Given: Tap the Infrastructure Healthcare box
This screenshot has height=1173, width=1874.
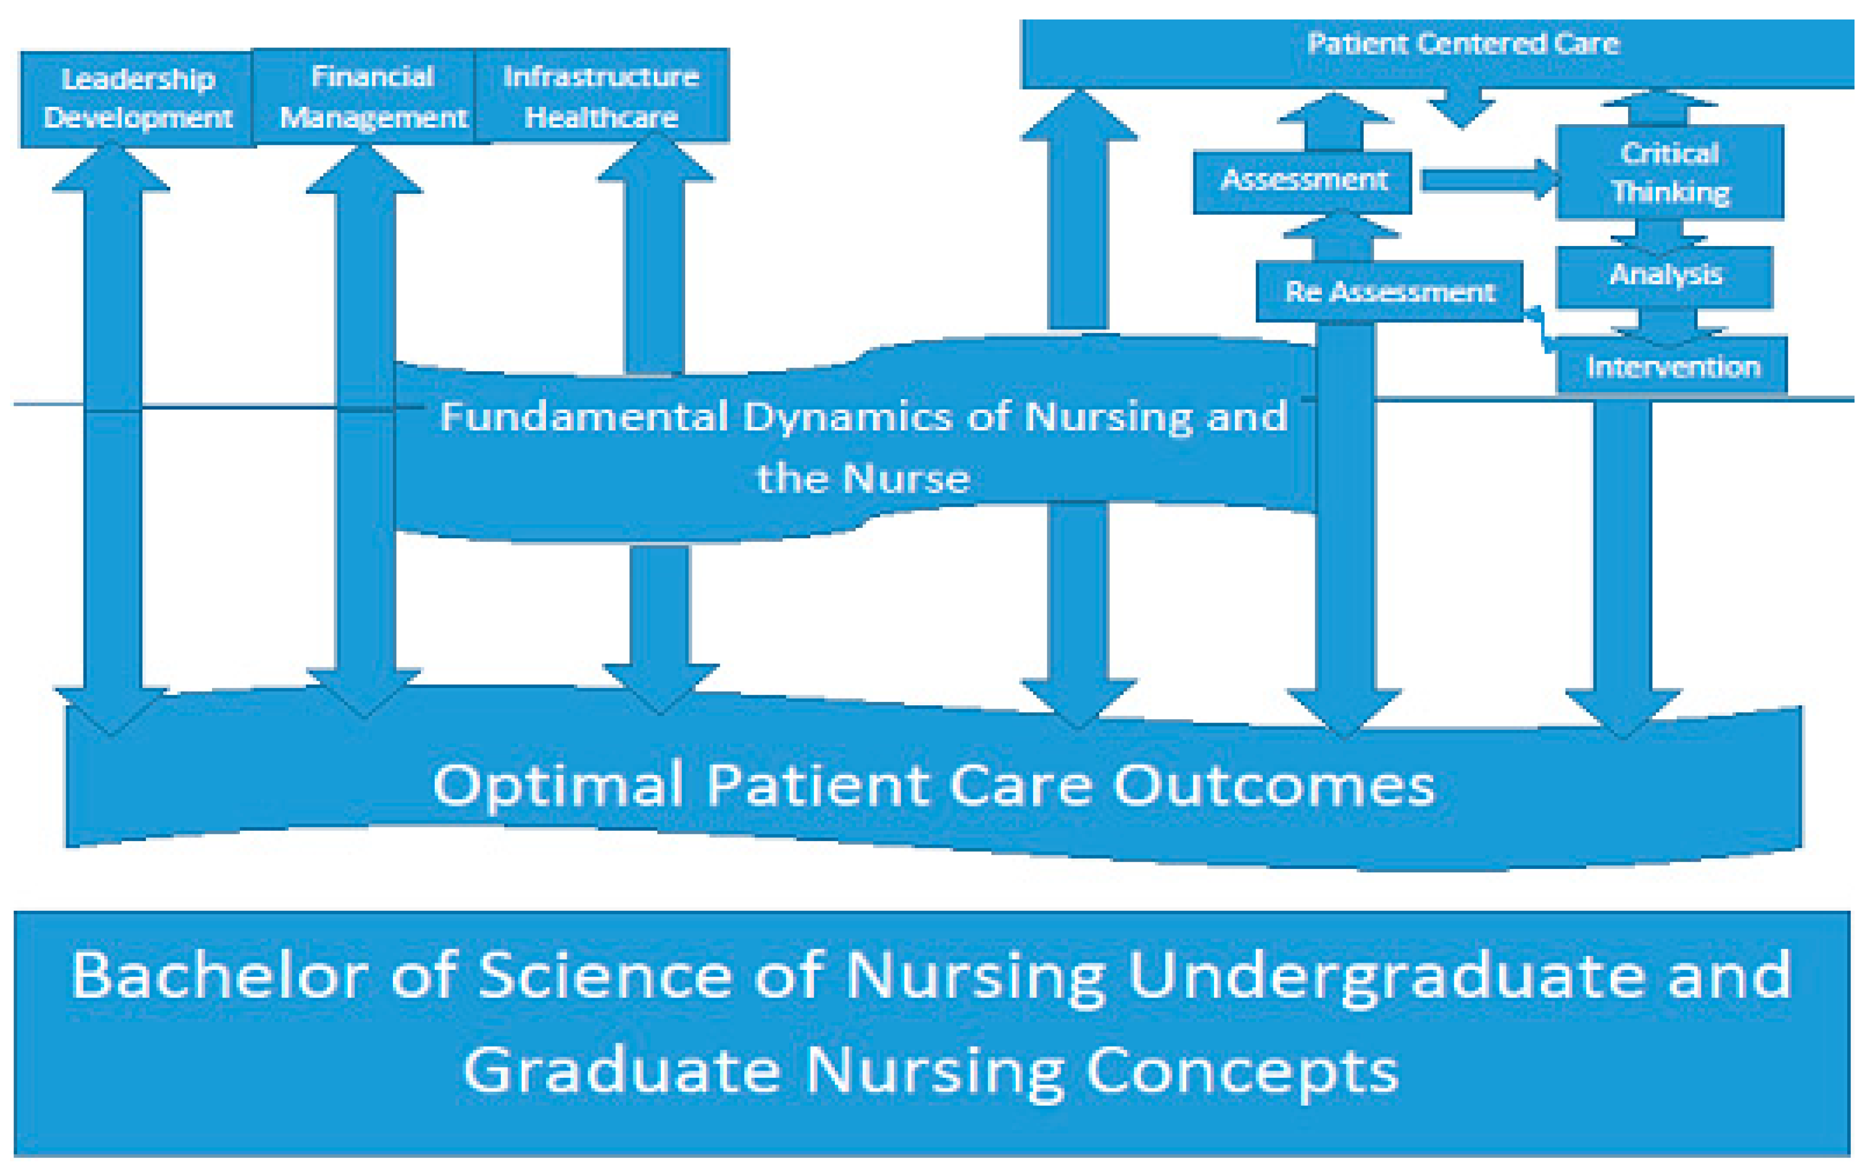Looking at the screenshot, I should pyautogui.click(x=601, y=96).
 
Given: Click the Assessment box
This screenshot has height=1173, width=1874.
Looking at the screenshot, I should pyautogui.click(x=1302, y=181).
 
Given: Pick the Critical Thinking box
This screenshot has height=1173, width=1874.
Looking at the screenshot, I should pyautogui.click(x=1669, y=172).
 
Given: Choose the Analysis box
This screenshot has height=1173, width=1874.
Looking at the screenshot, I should pyautogui.click(x=1665, y=276).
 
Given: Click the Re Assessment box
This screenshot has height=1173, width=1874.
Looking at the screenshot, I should pyautogui.click(x=1389, y=292).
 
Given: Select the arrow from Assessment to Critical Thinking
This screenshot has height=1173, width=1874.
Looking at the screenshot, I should pyautogui.click(x=1489, y=180).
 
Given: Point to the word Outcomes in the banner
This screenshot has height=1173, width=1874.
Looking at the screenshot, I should pyautogui.click(x=1273, y=786).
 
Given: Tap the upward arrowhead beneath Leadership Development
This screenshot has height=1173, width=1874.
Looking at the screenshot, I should pyautogui.click(x=111, y=167).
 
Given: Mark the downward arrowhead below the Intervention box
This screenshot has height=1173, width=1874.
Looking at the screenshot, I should pyautogui.click(x=1622, y=712).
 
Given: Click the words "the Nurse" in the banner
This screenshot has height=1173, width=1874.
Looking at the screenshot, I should pyautogui.click(x=863, y=478).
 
